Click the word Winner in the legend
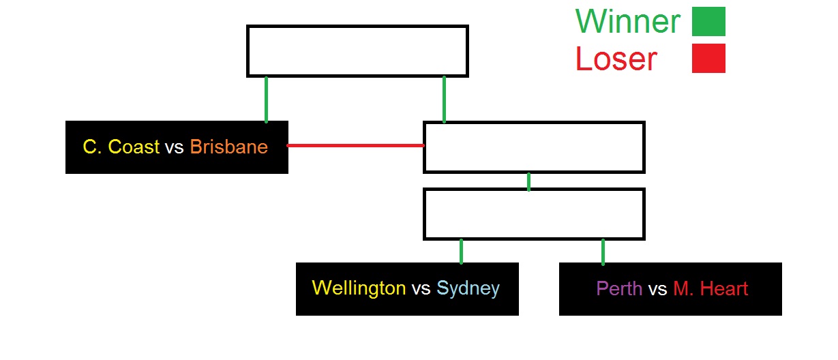[627, 22]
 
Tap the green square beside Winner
[708, 22]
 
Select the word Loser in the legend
[616, 59]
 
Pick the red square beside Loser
[708, 59]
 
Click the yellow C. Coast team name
[121, 147]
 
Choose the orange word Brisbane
[228, 147]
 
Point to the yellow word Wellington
[359, 288]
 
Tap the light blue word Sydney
[468, 288]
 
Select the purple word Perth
[619, 289]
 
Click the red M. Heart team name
[710, 289]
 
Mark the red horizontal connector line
[355, 145]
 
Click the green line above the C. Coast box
[266, 99]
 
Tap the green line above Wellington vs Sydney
[462, 251]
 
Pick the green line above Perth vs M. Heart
[603, 251]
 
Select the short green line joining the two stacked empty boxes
[528, 181]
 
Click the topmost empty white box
[357, 51]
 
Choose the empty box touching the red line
[534, 147]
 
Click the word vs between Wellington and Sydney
[421, 289]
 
